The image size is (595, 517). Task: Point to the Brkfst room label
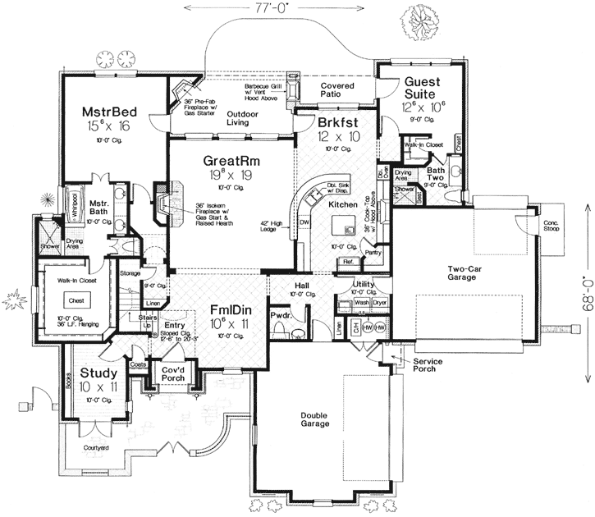click(x=339, y=121)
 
